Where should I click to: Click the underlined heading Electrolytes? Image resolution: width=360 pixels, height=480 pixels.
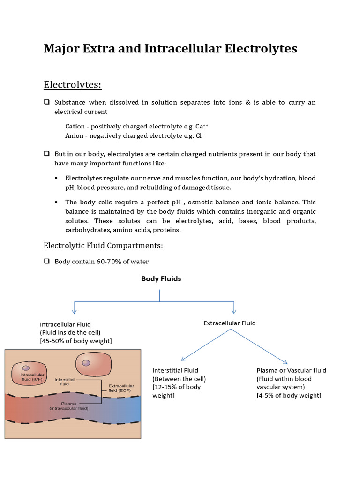[72, 85]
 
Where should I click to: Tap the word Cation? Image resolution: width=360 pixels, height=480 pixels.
[75, 127]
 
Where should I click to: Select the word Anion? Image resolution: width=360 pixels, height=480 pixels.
[75, 136]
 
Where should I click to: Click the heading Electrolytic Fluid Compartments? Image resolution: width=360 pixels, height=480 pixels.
[103, 246]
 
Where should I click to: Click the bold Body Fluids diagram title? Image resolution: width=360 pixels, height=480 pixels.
[161, 278]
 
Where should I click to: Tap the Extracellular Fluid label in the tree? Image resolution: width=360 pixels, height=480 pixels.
[230, 323]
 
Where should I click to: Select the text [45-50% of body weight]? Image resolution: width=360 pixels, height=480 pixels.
[76, 341]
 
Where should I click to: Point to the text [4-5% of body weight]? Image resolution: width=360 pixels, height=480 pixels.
[289, 396]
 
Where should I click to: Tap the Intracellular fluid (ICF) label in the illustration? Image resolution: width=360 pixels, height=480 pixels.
[32, 378]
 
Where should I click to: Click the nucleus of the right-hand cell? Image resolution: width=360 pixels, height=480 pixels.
[86, 363]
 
